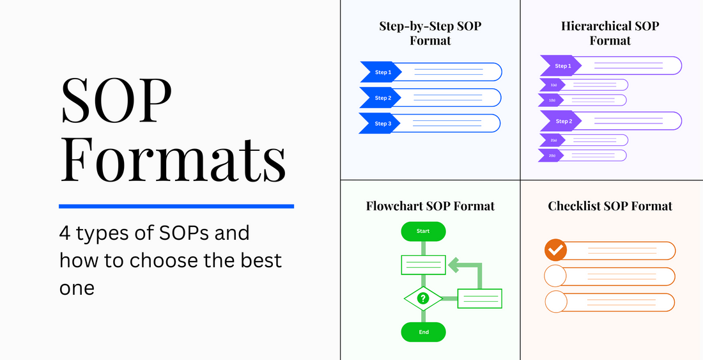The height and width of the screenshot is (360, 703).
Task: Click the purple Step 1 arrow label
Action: pyautogui.click(x=561, y=66)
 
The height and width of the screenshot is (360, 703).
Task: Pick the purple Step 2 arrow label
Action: pyautogui.click(x=561, y=121)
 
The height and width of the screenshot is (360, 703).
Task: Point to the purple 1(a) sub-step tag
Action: pyautogui.click(x=552, y=84)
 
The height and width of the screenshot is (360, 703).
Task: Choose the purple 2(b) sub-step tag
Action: pyautogui.click(x=552, y=155)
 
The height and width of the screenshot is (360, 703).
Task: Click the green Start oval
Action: pyautogui.click(x=423, y=231)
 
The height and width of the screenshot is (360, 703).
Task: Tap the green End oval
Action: pyautogui.click(x=423, y=332)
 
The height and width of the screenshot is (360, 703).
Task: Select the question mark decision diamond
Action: pyautogui.click(x=423, y=298)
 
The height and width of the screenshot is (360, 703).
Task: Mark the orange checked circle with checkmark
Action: pyautogui.click(x=555, y=249)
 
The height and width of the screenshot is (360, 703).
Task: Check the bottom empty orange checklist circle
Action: pyautogui.click(x=555, y=302)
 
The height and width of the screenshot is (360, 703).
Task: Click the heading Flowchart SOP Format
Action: pyautogui.click(x=430, y=206)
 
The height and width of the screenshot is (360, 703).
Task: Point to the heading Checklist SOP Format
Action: pyautogui.click(x=610, y=206)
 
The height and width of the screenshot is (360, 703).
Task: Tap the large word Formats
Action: pyautogui.click(x=173, y=157)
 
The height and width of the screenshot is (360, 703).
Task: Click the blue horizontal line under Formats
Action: pyautogui.click(x=176, y=206)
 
